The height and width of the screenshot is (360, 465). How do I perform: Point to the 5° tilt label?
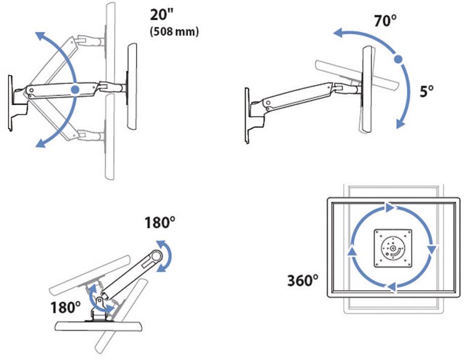(427, 92)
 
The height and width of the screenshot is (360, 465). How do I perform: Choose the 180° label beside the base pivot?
(66, 306)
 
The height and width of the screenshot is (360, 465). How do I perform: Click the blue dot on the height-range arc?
(75, 89)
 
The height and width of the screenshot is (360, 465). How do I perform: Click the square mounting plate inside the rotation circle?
(390, 248)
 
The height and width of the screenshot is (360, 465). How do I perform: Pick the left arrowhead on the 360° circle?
(350, 249)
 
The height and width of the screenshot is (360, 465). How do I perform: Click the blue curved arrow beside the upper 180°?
(165, 255)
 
